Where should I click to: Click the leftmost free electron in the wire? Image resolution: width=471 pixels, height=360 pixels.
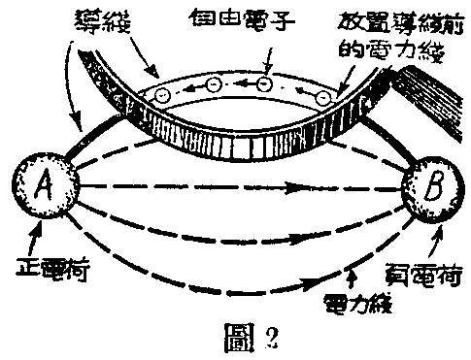(x=166, y=95)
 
